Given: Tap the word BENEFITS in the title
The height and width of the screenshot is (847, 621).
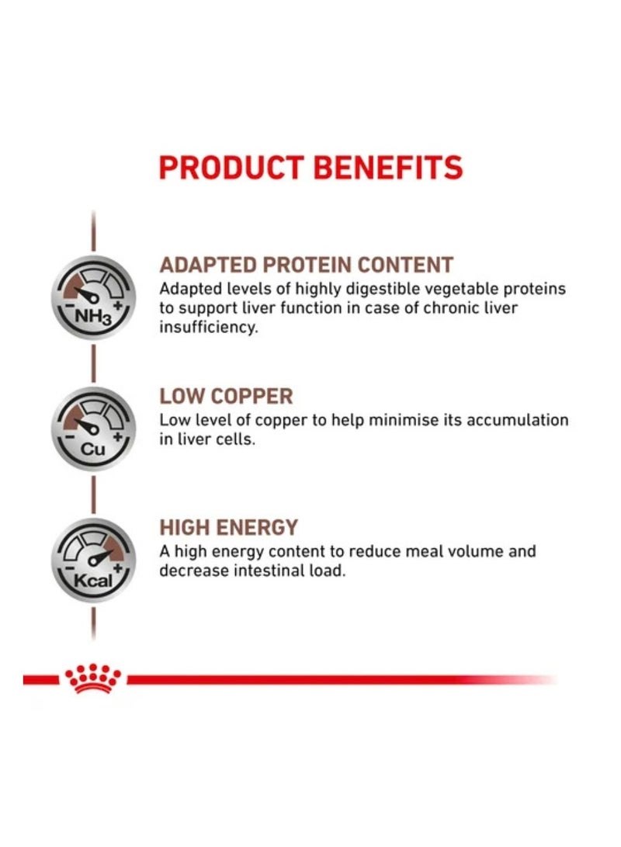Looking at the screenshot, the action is (x=388, y=167).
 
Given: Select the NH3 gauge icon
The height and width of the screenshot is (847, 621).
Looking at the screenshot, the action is (x=93, y=297).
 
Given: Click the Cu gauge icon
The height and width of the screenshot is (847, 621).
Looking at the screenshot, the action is (x=93, y=429).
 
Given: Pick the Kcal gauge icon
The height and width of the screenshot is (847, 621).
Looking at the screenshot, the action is (x=93, y=561).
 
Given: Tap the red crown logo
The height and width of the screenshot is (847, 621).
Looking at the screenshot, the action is (x=93, y=679).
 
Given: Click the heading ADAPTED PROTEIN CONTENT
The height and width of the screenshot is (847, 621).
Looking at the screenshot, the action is (x=306, y=265).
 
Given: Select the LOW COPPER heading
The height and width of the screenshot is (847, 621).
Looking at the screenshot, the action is (x=226, y=396).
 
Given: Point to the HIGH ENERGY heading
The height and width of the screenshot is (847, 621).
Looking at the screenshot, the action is (x=229, y=527).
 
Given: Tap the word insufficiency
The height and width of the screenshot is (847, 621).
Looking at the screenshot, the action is (x=209, y=327).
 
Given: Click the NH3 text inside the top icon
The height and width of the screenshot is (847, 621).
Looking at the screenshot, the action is (x=93, y=316).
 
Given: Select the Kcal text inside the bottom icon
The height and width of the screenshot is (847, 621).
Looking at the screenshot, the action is (x=93, y=581).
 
